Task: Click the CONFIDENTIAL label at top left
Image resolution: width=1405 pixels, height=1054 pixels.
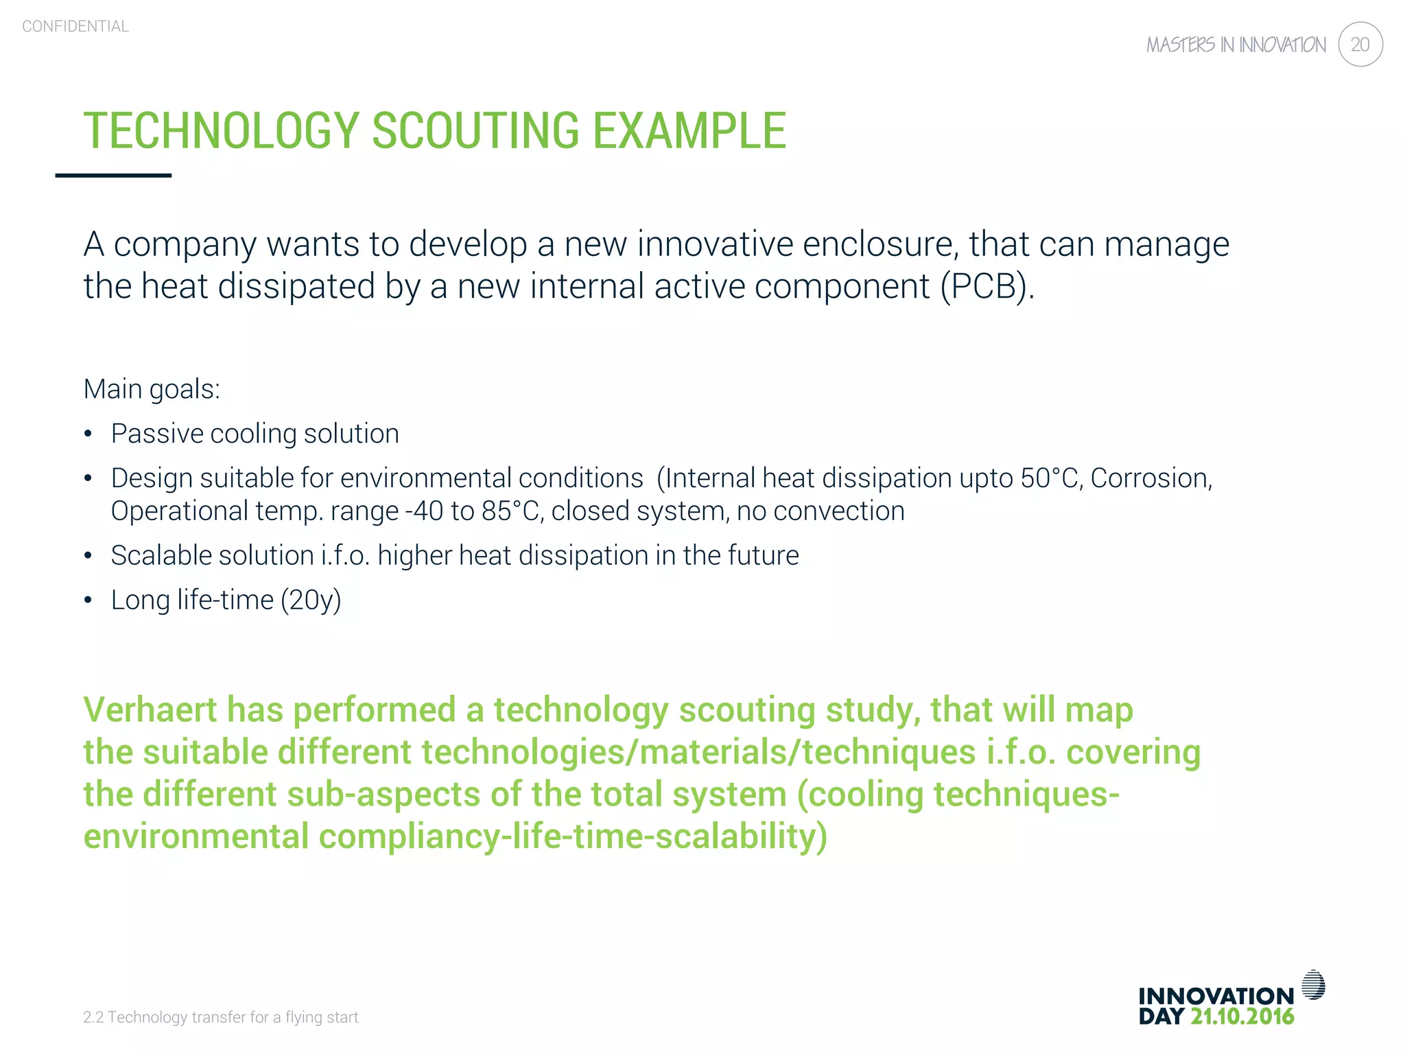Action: pyautogui.click(x=75, y=26)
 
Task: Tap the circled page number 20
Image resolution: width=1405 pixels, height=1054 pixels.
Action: pyautogui.click(x=1360, y=45)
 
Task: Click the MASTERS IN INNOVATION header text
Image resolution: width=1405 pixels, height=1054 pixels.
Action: pyautogui.click(x=1236, y=45)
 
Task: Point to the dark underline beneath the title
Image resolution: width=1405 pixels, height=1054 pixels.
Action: pyautogui.click(x=113, y=176)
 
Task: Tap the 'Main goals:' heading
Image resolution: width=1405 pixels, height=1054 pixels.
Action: pyautogui.click(x=152, y=389)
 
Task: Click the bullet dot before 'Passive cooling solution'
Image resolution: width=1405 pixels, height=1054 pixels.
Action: pyautogui.click(x=88, y=434)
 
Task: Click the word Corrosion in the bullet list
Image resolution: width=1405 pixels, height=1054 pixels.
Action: pyautogui.click(x=1150, y=478)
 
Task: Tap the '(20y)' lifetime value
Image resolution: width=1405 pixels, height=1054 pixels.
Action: pyautogui.click(x=311, y=600)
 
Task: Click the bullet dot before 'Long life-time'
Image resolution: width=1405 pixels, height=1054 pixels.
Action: pyautogui.click(x=88, y=600)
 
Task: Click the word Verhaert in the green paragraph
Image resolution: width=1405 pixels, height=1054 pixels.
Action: pyautogui.click(x=150, y=710)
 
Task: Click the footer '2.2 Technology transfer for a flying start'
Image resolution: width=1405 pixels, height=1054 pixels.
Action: pyautogui.click(x=220, y=1017)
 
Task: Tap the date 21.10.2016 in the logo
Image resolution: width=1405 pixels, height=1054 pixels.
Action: pyautogui.click(x=1242, y=1017)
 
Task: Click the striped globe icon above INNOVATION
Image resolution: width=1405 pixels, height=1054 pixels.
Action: pyautogui.click(x=1313, y=985)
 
